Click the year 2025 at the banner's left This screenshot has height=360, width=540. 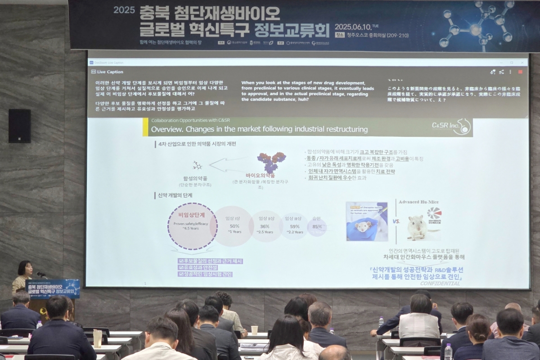click(124, 10)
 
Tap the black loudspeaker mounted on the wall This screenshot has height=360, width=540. click(19, 126)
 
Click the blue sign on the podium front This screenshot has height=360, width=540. click(53, 288)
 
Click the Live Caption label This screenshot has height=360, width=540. click(110, 72)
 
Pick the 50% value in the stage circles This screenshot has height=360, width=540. click(234, 226)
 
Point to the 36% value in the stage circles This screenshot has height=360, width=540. click(265, 226)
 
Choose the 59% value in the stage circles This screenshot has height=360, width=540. click(294, 226)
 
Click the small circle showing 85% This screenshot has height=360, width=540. click(317, 227)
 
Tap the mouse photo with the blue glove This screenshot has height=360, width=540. click(366, 221)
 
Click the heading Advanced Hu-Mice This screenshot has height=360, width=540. click(418, 202)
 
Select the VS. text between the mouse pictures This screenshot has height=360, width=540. click(396, 221)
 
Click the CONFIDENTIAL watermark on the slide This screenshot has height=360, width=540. click(440, 283)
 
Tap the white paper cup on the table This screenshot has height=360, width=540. click(254, 330)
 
